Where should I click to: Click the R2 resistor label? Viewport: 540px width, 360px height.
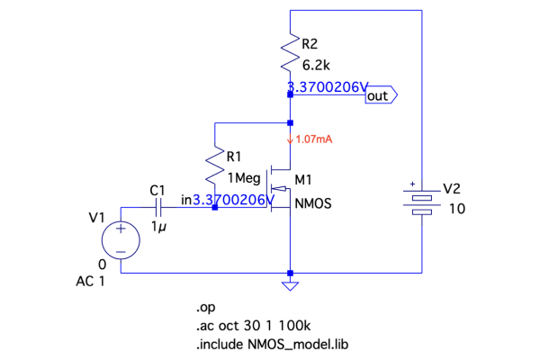tap(310, 43)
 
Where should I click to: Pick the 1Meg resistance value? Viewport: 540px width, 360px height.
tap(243, 179)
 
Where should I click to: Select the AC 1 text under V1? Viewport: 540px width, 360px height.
tap(91, 281)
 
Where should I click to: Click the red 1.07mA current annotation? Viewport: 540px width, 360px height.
tap(310, 140)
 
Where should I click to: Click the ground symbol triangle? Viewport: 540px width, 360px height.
tap(290, 285)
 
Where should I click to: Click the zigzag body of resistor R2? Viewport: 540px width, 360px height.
tap(290, 55)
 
